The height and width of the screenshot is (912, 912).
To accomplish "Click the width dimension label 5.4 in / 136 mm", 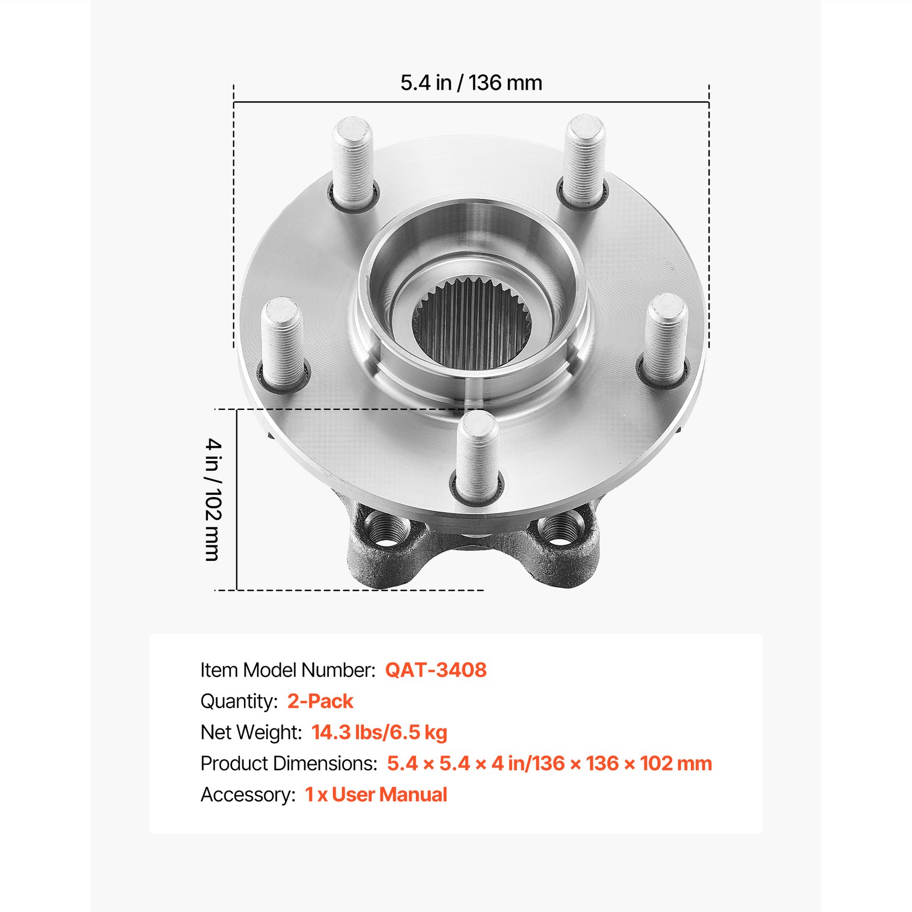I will point(471,83).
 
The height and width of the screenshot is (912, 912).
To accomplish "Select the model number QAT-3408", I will point(435,670).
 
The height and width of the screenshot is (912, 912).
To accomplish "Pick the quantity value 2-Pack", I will point(320,701).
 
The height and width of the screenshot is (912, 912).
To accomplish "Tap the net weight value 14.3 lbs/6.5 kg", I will point(379,732).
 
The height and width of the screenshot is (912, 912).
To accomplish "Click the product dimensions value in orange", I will point(549,763).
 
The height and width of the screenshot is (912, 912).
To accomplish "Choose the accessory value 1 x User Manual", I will point(376,795).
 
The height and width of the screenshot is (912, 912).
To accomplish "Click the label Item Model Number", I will point(288,670).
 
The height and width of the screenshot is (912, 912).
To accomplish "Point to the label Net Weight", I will point(251,732).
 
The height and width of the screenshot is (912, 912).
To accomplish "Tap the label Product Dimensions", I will point(288,763).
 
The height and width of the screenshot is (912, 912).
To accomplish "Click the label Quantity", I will point(239,701).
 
